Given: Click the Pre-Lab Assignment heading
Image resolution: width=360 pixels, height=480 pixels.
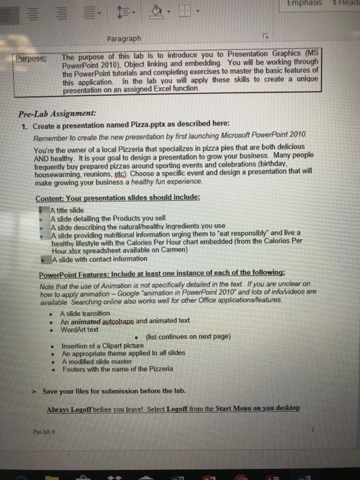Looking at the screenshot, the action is click(x=58, y=114).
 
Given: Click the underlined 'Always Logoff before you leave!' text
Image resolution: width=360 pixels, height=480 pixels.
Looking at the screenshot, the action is click(x=106, y=408).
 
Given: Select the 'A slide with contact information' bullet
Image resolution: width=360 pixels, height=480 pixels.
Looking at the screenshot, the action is click(x=102, y=260).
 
